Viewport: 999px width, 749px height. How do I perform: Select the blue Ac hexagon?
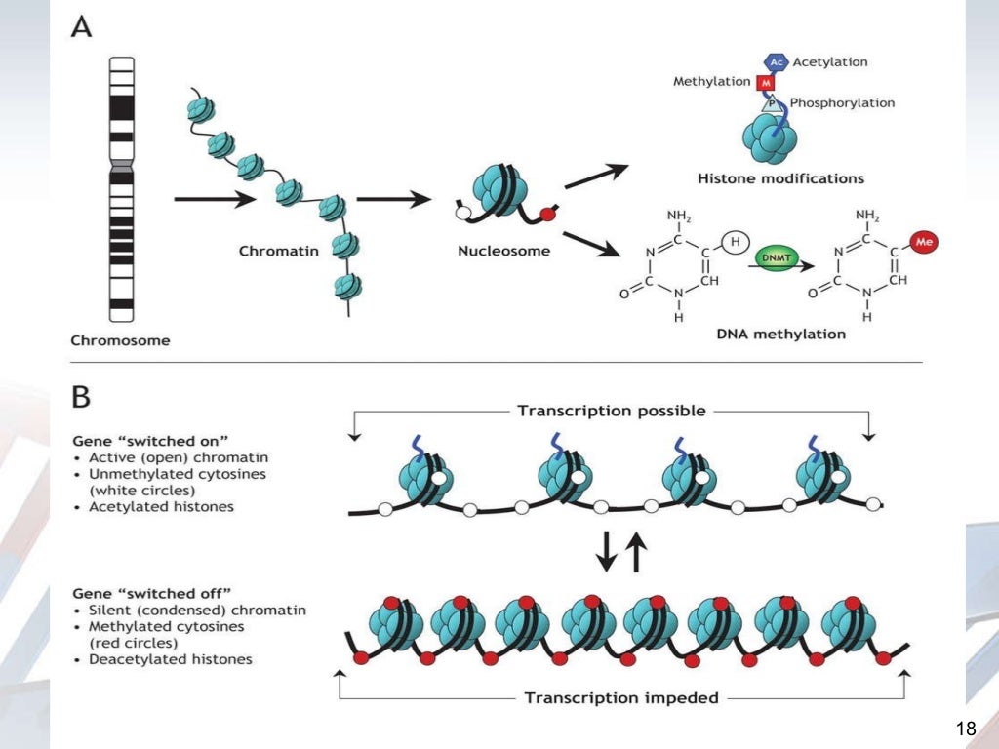[777, 62]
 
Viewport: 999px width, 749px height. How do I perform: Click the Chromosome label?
[120, 340]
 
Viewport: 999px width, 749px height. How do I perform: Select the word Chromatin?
[279, 251]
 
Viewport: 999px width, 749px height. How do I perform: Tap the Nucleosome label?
[503, 251]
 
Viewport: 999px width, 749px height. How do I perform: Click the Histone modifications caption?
[781, 178]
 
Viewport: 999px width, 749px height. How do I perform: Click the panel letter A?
[80, 29]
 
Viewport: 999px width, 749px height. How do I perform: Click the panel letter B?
[80, 398]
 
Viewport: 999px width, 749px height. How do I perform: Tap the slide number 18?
[966, 729]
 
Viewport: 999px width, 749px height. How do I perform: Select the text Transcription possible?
[612, 411]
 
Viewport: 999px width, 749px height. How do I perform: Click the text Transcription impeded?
[622, 697]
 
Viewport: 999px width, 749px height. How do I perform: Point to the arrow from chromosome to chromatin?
[209, 200]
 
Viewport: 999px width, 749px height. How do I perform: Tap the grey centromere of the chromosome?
[121, 172]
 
